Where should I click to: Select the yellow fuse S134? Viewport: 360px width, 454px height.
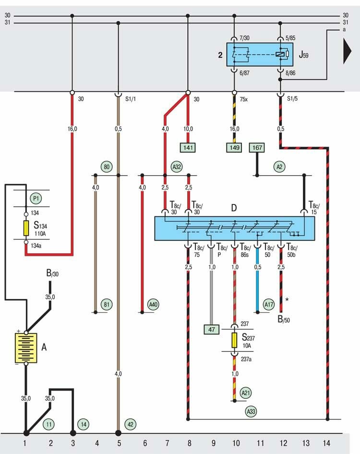[x=26, y=227]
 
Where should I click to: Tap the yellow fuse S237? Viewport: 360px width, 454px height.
[x=234, y=340]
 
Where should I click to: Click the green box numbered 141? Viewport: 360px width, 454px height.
[x=188, y=147]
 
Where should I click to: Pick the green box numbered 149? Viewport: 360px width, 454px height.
[x=234, y=147]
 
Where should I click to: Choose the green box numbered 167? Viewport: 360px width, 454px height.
[x=257, y=147]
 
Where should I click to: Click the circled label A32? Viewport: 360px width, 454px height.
[x=177, y=167]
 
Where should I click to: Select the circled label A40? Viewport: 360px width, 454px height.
[x=153, y=304]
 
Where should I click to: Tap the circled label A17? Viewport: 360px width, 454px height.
[x=269, y=304]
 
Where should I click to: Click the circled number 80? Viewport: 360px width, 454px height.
[x=107, y=167]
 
